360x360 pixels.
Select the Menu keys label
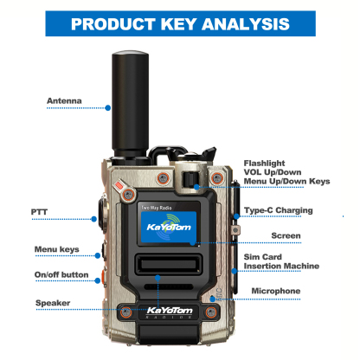click(x=56, y=249)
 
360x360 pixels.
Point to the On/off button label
click(x=61, y=274)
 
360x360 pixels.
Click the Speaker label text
click(x=53, y=302)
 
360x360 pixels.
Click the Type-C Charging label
click(x=278, y=210)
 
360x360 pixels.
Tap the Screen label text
click(x=286, y=235)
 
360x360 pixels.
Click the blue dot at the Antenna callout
click(x=107, y=107)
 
